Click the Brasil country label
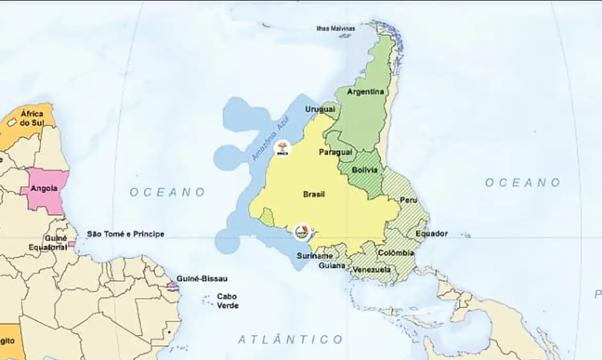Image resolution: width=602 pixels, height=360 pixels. [x=314, y=194]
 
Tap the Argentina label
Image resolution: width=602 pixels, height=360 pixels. [x=366, y=92]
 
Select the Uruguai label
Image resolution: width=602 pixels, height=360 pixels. [x=320, y=110]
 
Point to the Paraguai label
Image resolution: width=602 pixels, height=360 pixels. [x=335, y=152]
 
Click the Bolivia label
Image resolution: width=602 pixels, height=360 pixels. [x=365, y=170]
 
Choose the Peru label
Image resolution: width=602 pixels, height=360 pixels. [x=409, y=200]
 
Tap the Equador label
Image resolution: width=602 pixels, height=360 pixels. [x=431, y=233]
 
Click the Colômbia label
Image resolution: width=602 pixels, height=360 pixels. [x=396, y=253]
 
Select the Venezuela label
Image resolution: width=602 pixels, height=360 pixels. [x=372, y=269]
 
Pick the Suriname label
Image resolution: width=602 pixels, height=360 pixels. [x=314, y=256]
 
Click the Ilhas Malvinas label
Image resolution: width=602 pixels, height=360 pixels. [x=335, y=28]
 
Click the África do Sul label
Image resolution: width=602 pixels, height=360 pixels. [x=31, y=118]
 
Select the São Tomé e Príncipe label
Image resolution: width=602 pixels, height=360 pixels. [x=125, y=234]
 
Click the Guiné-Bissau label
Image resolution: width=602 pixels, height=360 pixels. [x=202, y=279]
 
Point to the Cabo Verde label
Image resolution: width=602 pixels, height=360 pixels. [x=227, y=301]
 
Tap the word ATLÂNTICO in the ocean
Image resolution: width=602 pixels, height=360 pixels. [x=290, y=339]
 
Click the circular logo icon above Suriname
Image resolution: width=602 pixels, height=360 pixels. [x=302, y=232]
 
